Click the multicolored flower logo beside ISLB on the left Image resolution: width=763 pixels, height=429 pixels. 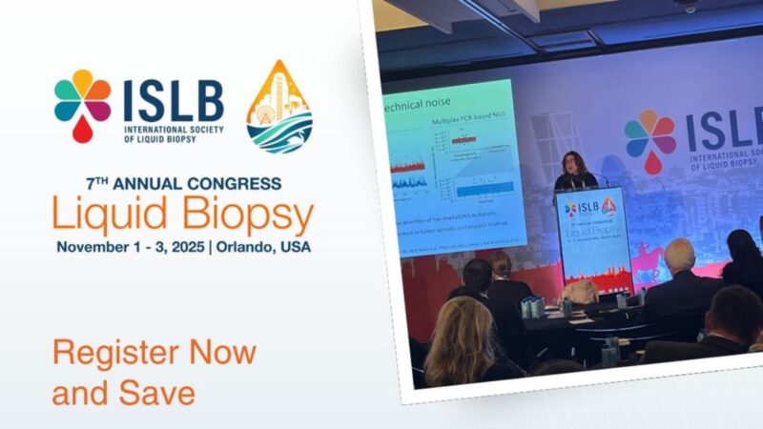(x=83, y=102)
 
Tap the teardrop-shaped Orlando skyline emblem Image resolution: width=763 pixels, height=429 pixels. (x=278, y=107)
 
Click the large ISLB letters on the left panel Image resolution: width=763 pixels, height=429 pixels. (x=173, y=99)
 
